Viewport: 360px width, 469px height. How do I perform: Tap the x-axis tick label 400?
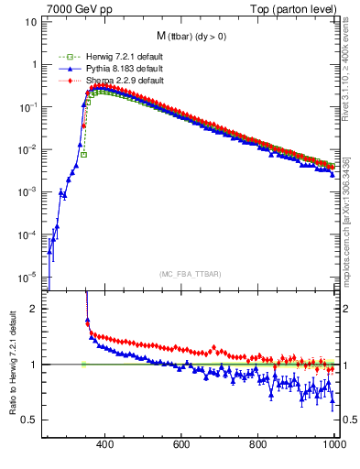coord(104,444)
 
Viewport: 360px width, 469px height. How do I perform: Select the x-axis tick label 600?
coord(181,444)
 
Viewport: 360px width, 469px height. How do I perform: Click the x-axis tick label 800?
coord(258,444)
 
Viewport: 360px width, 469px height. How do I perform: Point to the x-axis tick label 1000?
coord(333,444)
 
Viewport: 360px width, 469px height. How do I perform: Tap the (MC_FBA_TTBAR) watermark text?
coord(191,274)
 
